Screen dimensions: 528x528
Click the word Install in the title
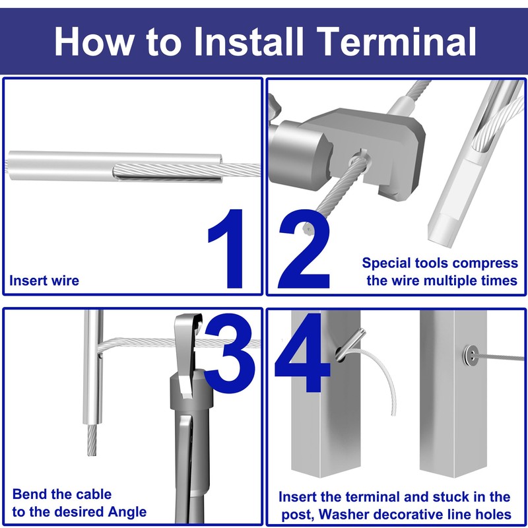point(249,41)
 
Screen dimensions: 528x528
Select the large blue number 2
point(304,249)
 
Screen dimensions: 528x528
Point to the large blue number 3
point(230,353)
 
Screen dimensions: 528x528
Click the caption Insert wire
point(44,280)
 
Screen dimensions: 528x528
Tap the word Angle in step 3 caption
point(127,512)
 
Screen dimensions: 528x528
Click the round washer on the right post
point(471,355)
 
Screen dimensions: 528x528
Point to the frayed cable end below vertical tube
point(92,440)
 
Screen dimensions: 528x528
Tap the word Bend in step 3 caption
point(29,494)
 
